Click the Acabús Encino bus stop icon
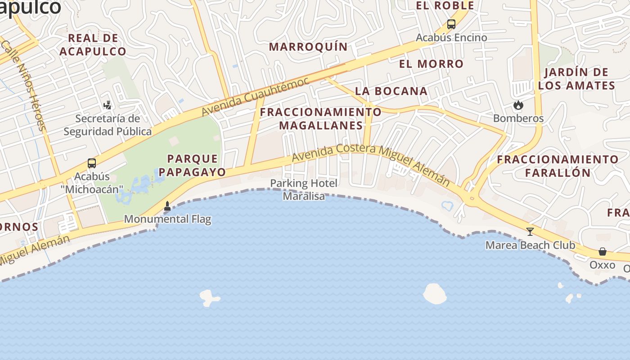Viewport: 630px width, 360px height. click(x=451, y=24)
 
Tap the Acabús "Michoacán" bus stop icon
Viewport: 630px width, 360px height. click(x=92, y=163)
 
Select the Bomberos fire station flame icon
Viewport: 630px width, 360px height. click(x=518, y=105)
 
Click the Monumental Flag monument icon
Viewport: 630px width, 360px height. click(x=167, y=206)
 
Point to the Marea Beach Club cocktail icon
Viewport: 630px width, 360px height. click(x=530, y=232)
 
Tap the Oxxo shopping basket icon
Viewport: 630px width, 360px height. click(x=603, y=252)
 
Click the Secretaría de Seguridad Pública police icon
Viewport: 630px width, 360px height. click(x=107, y=105)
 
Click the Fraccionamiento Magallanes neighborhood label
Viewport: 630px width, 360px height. click(x=321, y=118)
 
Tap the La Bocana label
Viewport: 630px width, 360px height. click(x=391, y=91)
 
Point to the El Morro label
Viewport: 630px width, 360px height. click(x=431, y=64)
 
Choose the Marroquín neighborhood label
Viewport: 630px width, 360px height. click(x=308, y=47)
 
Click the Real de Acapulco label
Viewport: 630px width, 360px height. click(x=93, y=45)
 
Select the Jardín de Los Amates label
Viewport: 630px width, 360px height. click(x=576, y=79)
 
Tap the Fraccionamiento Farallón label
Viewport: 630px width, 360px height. click(x=558, y=166)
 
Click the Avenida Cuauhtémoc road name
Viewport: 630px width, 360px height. click(x=255, y=96)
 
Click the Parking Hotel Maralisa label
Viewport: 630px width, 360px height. click(x=304, y=189)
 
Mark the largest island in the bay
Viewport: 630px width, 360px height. click(x=434, y=293)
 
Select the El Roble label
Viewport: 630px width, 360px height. click(x=445, y=5)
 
